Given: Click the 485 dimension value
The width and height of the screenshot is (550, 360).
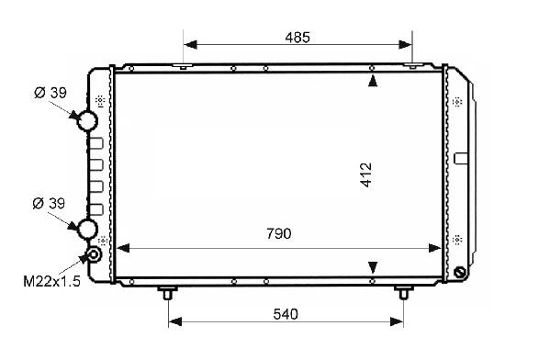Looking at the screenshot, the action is [x=297, y=38].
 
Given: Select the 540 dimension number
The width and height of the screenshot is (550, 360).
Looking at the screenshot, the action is [x=286, y=314].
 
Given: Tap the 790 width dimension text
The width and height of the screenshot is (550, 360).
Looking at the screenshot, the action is [x=279, y=233].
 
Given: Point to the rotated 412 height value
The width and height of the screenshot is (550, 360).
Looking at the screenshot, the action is [x=365, y=174].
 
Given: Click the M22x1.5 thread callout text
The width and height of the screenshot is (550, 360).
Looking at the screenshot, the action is [x=52, y=281].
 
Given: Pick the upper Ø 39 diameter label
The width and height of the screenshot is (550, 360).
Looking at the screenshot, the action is [x=51, y=93].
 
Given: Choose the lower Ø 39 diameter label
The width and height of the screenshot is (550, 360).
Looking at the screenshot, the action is [x=49, y=203].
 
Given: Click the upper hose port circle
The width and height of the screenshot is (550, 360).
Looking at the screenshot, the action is [x=86, y=120].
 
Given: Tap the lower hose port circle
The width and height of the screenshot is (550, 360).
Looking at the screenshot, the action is [x=86, y=229].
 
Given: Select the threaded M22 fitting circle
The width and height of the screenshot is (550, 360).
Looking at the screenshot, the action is [x=94, y=254].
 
